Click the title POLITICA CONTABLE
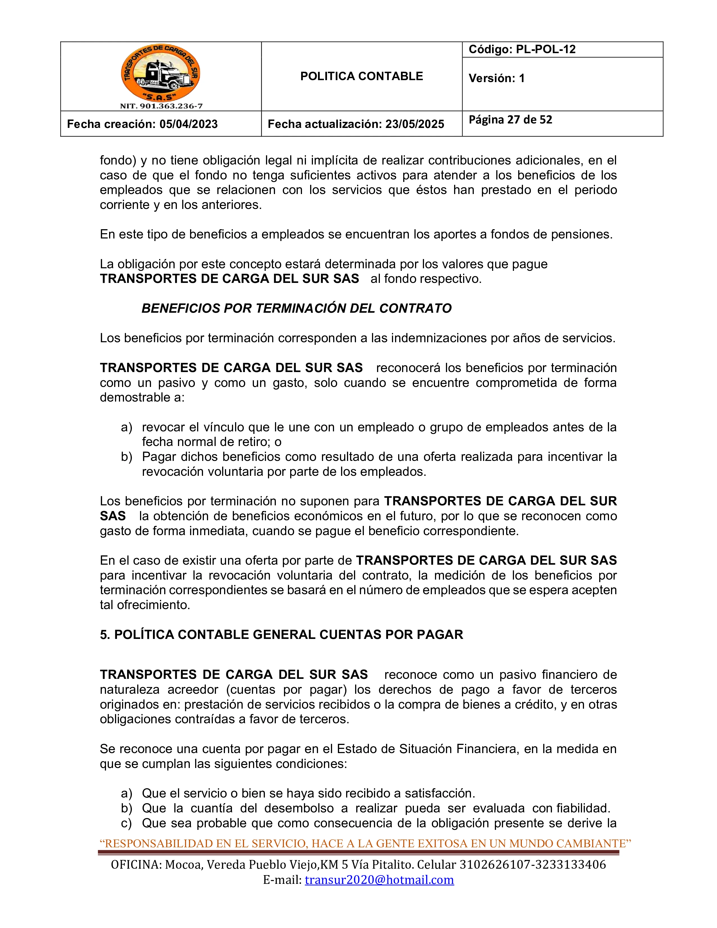point(362,76)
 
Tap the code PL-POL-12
point(545,49)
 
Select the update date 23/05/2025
point(414,124)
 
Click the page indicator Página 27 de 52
point(510,120)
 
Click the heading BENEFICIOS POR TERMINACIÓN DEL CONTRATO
point(296,308)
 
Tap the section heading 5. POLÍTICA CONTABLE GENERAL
point(281,635)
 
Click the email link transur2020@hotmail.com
point(379,880)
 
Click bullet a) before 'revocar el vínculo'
point(127,427)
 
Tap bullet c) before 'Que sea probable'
point(127,823)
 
